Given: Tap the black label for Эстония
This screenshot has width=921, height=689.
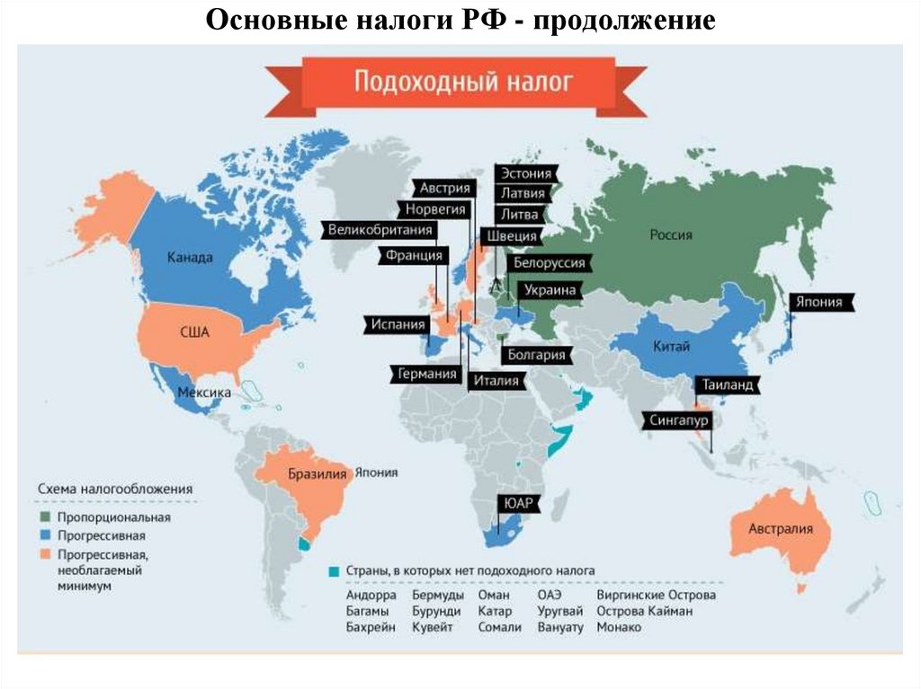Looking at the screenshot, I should click(x=526, y=173).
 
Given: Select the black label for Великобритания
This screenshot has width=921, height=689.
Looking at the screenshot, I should click(x=380, y=230).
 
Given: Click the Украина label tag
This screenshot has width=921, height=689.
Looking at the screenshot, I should click(x=544, y=290).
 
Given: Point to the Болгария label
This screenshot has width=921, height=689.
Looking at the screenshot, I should click(x=536, y=355).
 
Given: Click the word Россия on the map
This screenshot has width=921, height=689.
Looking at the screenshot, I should click(x=671, y=235).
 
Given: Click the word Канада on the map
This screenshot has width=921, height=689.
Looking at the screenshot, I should click(x=190, y=258).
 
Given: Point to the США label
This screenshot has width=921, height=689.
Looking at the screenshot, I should click(x=194, y=332).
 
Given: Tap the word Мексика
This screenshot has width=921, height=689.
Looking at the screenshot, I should click(x=203, y=393).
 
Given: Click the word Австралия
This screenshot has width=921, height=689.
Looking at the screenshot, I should click(x=781, y=528).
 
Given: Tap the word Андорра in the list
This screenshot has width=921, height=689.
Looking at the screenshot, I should click(x=371, y=595).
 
